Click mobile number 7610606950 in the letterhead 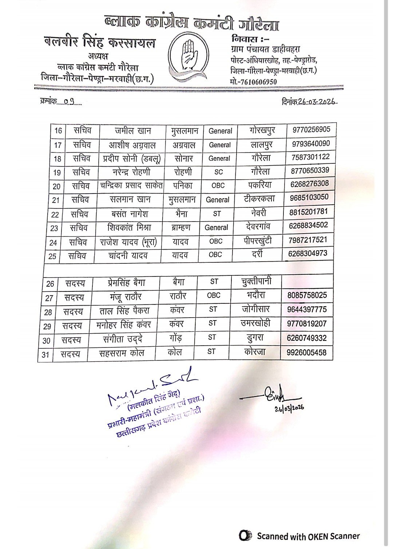click(x=253, y=82)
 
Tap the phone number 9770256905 click(x=311, y=130)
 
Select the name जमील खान click(x=133, y=131)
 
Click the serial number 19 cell click(x=56, y=172)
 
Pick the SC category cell click(x=218, y=172)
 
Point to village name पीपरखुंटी click(x=258, y=240)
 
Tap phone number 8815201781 click(x=309, y=212)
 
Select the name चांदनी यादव click(x=128, y=256)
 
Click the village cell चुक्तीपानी click(x=256, y=281)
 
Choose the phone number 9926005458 click(x=306, y=352)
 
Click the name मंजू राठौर click(x=126, y=297)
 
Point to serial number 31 click(x=45, y=354)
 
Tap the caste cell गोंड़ click(x=175, y=338)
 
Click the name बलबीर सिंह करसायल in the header click(x=99, y=43)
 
